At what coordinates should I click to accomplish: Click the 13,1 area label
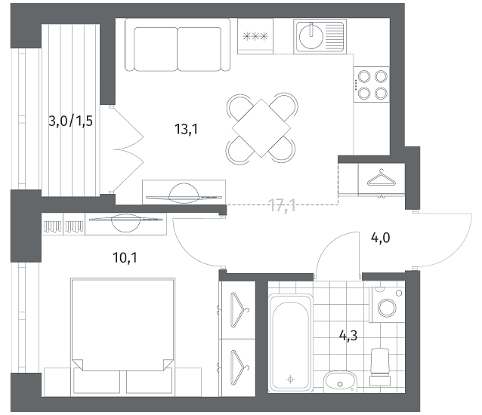click(x=187, y=129)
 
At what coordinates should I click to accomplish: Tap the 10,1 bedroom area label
click(x=125, y=258)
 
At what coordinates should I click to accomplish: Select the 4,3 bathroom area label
click(x=348, y=336)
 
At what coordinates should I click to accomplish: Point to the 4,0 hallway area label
click(x=381, y=238)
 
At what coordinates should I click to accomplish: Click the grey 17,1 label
click(x=283, y=205)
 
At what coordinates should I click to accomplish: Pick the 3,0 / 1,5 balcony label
click(x=71, y=121)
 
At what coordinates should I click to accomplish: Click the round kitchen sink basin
click(x=311, y=36)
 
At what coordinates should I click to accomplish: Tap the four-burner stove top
click(x=372, y=85)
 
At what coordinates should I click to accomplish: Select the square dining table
click(x=261, y=128)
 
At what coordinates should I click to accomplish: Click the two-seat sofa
click(x=178, y=45)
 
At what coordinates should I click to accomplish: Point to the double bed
click(x=122, y=336)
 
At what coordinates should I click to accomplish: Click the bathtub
click(x=291, y=343)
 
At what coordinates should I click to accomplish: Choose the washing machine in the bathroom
click(x=387, y=305)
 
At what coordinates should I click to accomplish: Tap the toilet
click(x=380, y=367)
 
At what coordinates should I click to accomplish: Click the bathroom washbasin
click(x=340, y=382)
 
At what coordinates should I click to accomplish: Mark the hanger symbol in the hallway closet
click(x=382, y=179)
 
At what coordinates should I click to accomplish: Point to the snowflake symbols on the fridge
click(x=255, y=36)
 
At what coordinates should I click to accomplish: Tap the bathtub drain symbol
click(x=291, y=380)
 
